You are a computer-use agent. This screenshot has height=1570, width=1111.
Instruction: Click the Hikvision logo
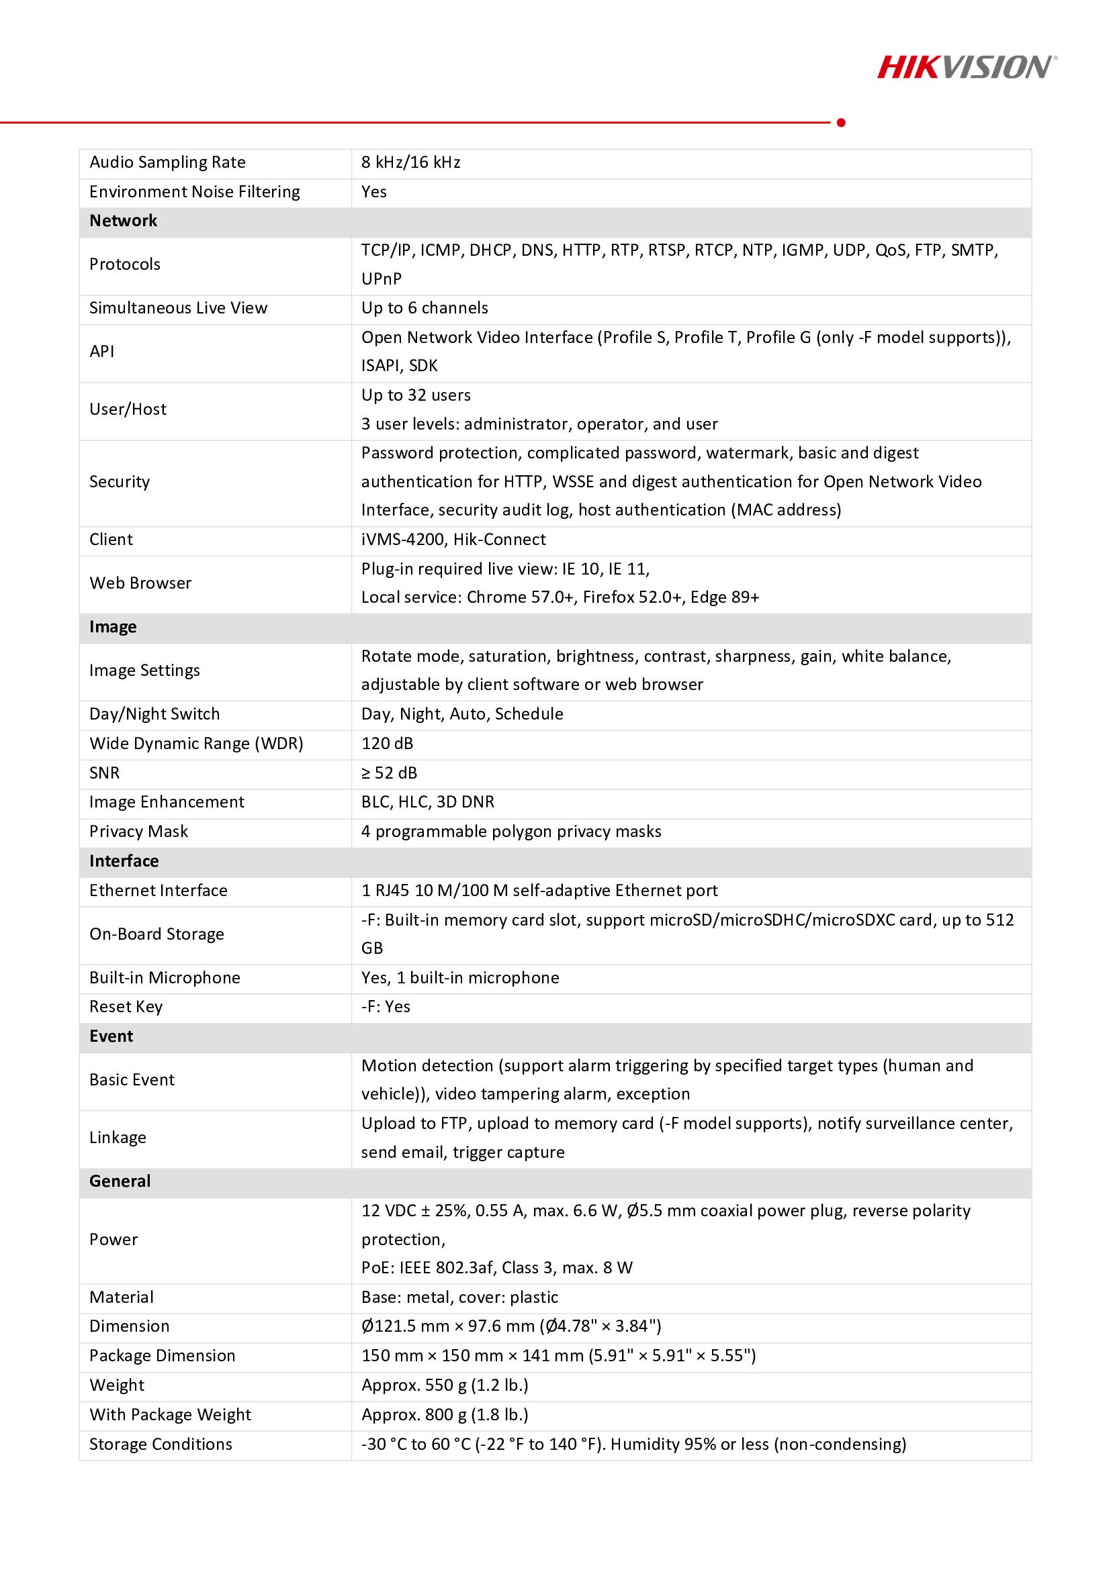coord(967,67)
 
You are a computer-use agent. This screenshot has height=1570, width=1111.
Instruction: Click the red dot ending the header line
coord(841,122)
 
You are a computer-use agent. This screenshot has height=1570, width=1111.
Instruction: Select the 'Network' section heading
coord(123,221)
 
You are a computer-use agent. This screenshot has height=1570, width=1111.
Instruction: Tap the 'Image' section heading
coord(113,627)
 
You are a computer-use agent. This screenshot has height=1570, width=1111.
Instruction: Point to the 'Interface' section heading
coord(124,861)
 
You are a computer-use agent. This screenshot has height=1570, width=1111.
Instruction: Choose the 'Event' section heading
coord(111,1036)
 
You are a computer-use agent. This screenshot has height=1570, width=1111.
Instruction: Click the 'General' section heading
coord(120,1181)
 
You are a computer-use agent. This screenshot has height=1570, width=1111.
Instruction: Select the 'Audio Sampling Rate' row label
coord(167,162)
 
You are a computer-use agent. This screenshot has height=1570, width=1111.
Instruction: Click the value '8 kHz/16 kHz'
coord(410,162)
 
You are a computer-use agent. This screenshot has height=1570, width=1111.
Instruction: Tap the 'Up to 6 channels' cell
coord(424,307)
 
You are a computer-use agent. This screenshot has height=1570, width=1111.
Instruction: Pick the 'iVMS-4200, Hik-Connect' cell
coord(453,540)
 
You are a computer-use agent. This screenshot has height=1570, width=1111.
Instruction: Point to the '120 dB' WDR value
coord(387,743)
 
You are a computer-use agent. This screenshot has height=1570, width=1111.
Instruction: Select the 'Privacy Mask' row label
coord(138,832)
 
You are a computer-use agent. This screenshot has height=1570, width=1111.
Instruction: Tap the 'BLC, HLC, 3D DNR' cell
coord(428,801)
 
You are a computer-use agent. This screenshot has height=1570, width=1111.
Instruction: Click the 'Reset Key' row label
coord(126,1007)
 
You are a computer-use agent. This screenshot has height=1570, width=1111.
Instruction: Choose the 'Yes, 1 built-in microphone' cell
coord(459,978)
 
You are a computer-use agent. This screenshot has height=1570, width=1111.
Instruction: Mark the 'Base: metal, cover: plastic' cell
coord(459,1297)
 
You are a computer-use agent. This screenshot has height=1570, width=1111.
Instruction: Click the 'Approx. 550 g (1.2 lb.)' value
coord(445,1385)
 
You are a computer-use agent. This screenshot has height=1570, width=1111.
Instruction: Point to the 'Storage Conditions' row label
coord(161,1444)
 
